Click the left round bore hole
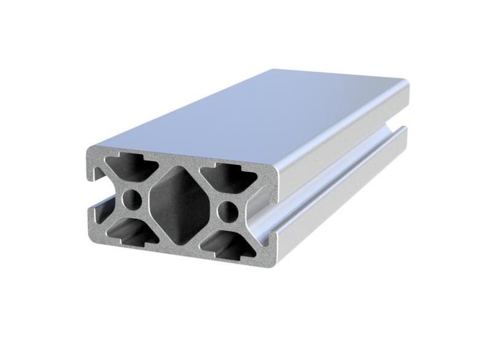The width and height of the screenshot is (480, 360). click(131, 198)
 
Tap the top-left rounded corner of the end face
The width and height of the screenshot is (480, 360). click(91, 151)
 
